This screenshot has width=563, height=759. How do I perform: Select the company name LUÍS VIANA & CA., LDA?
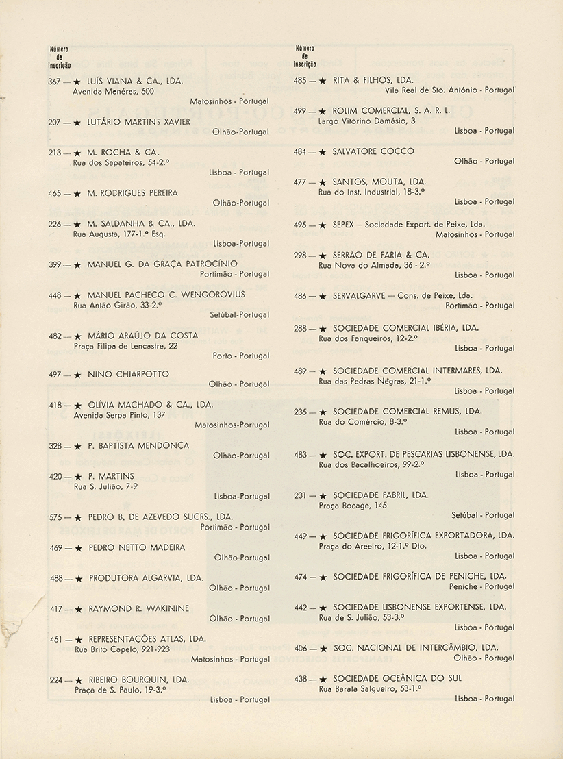coord(135,81)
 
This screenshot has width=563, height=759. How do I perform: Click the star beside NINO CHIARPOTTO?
coord(77,375)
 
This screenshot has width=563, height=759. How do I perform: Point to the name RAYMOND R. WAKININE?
coord(138,608)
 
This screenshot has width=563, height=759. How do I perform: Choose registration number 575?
coord(58,517)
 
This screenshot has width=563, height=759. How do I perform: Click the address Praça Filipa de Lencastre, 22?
coord(125,346)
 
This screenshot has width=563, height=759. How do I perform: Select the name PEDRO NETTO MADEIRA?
coord(136,547)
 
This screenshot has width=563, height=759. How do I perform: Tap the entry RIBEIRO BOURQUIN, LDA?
coord(138,680)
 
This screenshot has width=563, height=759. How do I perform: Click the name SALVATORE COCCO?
coord(373,151)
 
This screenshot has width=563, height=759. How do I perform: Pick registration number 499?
coord(300,111)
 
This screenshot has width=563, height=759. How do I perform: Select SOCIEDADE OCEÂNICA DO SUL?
coord(397,678)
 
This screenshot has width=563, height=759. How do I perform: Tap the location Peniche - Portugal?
coord(481,587)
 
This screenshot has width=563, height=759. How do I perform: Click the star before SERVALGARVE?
coord(323,297)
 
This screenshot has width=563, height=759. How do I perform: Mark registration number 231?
coord(300,495)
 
